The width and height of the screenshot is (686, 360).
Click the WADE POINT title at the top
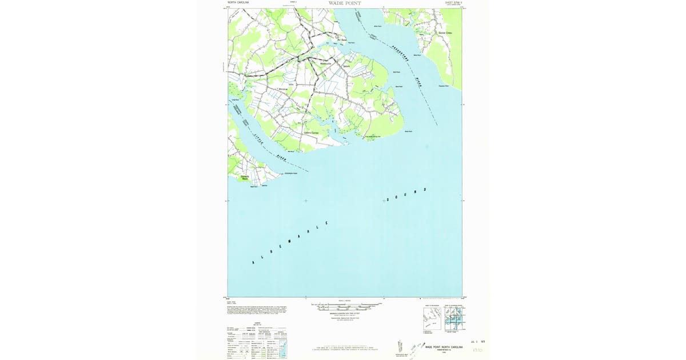(x=345, y=3)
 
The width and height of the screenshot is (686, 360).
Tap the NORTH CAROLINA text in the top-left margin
(x=238, y=3)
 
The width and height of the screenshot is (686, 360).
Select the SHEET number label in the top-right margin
(x=453, y=3)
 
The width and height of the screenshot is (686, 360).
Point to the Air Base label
(x=341, y=40)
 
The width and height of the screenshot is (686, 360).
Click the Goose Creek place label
(x=445, y=33)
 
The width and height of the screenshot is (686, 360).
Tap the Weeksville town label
(x=326, y=63)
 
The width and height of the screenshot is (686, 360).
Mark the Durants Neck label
(x=245, y=178)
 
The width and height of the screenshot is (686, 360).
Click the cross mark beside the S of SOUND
(x=384, y=201)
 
